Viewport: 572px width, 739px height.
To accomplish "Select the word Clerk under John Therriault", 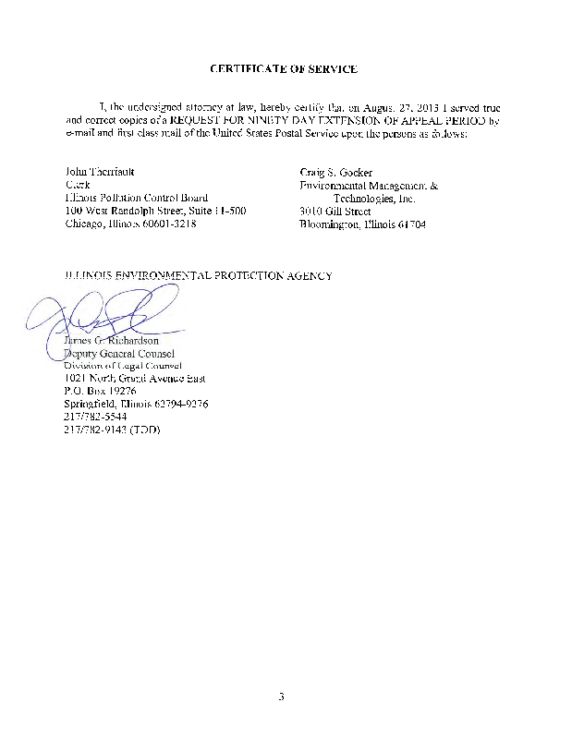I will [78, 186].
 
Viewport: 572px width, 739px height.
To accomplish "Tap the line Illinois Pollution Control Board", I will [136, 199].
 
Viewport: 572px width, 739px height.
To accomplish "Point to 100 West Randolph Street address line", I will [155, 212].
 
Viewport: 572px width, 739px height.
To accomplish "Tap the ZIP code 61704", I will [409, 224].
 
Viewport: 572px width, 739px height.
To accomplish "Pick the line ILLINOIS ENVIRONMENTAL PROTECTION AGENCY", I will [198, 276].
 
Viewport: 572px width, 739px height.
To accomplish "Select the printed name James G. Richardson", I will [112, 340].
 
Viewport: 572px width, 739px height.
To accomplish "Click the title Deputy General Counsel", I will [118, 353].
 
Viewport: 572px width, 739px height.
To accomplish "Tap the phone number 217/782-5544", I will [95, 418].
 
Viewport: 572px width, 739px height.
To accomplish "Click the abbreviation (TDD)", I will [146, 430].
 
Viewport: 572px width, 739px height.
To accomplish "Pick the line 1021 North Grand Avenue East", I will [135, 379].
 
